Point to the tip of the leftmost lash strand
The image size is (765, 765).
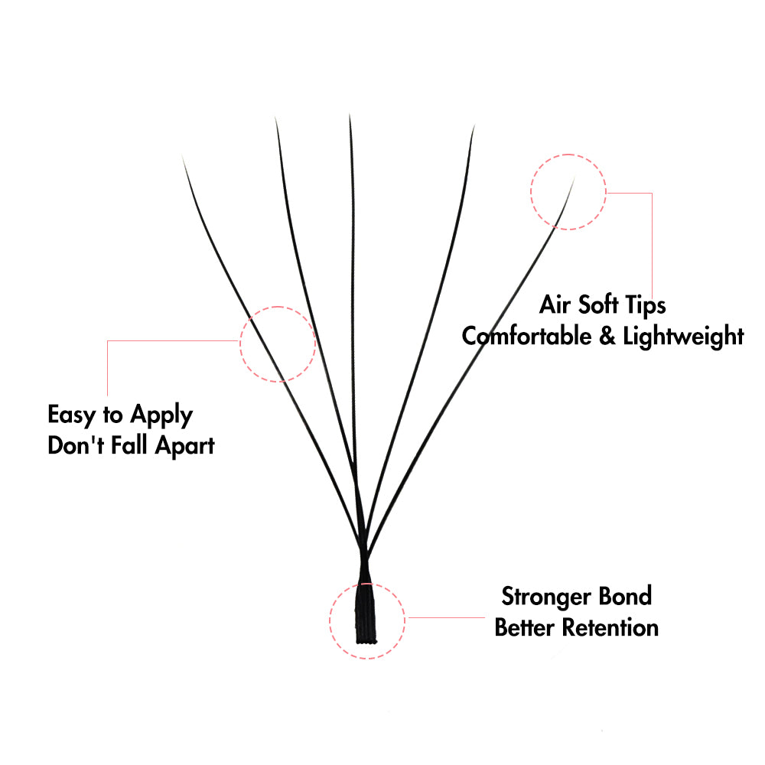coord(183,156)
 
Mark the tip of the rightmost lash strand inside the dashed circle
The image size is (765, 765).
coord(575,178)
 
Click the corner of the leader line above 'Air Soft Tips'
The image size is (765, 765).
coord(652,194)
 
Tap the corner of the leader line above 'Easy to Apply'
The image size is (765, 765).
coord(107,340)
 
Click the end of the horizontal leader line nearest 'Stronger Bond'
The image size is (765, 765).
coord(484,617)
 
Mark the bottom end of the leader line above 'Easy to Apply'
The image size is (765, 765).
coord(107,396)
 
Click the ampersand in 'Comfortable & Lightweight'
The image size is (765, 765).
coord(607,336)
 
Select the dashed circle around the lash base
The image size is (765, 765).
coord(367,621)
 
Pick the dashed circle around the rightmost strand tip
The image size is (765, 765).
coord(568,192)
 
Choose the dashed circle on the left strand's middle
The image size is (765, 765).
coord(278,344)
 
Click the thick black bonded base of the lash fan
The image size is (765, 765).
coord(366,612)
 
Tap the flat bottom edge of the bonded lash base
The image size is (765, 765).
coord(366,642)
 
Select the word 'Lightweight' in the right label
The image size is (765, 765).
coord(683,337)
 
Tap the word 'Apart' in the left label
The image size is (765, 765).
coord(185,447)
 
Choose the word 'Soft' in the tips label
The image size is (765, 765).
coord(599,304)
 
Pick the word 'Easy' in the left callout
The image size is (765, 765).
coord(72,415)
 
